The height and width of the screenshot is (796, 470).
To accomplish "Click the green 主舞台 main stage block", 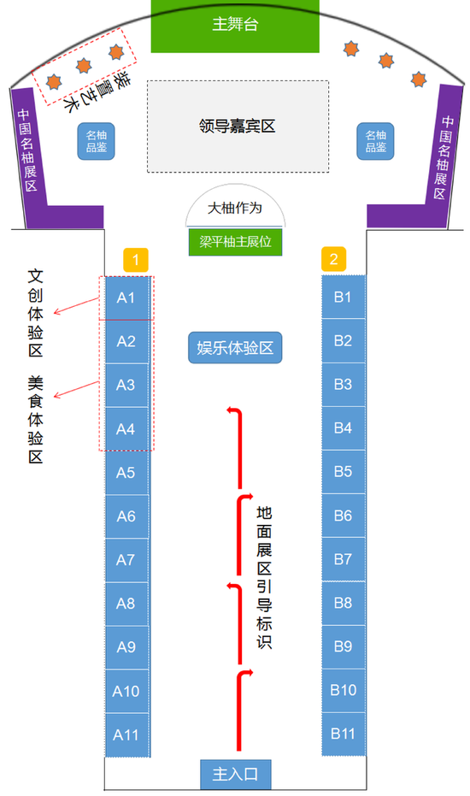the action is coord(235,26).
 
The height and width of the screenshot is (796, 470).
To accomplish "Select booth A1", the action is coord(126,298).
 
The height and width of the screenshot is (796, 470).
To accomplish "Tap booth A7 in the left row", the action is coord(126,560).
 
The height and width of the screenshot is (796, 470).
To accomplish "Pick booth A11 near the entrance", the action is coord(126,734).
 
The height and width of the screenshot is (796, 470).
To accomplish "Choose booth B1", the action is coord(344,297).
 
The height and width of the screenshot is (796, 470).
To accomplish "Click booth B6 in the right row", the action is coord(344,516).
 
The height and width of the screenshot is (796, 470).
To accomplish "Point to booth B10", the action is coord(344,690).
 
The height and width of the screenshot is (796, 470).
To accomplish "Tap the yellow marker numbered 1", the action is coord(136,261).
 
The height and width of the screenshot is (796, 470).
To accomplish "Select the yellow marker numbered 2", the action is coord(333,259).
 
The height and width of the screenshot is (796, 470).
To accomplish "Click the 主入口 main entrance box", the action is coord(236,774).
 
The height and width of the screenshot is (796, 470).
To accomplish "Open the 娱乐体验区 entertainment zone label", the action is coord(235,348).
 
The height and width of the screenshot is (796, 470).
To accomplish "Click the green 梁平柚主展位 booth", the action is coord(236,242).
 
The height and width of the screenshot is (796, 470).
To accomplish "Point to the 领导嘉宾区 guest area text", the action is coord(237,126).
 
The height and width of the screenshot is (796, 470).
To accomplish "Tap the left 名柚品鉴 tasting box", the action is coord(96,141).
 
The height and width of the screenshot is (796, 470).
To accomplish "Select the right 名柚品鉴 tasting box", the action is coord(376,141).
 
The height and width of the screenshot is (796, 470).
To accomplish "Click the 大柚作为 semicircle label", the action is coord(235,208).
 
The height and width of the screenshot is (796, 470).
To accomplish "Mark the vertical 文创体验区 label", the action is coord(35,313).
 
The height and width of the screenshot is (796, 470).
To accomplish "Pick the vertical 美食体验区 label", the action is coord(35,420).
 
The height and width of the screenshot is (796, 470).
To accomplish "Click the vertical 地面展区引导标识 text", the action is coord(264,577).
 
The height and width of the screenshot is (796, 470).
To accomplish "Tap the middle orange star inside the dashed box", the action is coord(84,66).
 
